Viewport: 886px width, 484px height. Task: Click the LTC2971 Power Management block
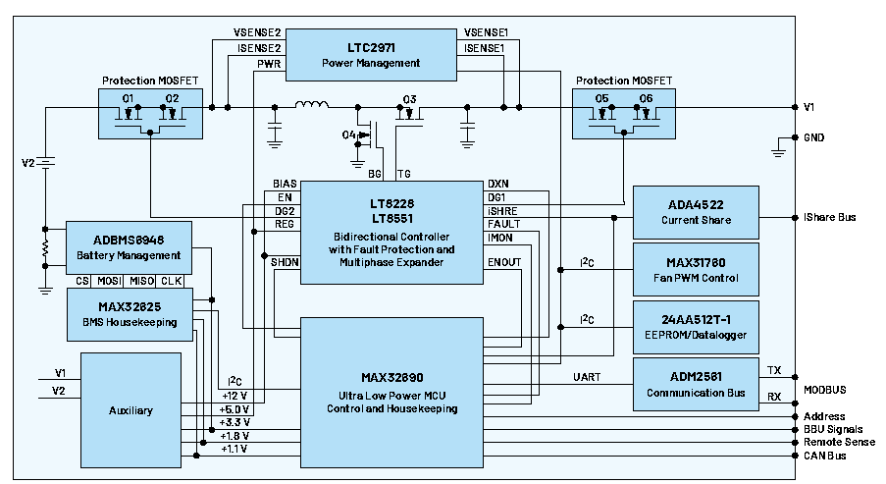coord(371,55)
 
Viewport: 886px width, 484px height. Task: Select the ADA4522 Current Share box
coord(696,212)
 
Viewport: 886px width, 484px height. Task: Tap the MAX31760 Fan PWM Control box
coord(696,270)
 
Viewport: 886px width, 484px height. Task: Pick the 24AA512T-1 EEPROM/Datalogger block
coord(696,327)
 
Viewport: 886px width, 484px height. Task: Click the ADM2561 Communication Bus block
coord(696,385)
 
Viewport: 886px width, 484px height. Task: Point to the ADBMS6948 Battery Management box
coord(129,247)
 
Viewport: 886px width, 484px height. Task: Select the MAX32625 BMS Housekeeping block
coord(129,312)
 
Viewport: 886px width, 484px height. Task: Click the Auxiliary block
coord(130,409)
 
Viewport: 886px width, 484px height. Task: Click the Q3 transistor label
coord(410,98)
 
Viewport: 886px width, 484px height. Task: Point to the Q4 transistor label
coord(348,134)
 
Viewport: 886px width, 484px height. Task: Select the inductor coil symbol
coord(312,104)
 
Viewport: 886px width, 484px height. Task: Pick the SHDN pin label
coord(285,262)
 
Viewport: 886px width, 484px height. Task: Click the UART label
coord(587,377)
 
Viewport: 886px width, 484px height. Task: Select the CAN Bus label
coord(825,457)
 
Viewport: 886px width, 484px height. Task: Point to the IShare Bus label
coord(829,217)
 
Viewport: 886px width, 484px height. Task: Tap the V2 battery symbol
coord(44,162)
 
